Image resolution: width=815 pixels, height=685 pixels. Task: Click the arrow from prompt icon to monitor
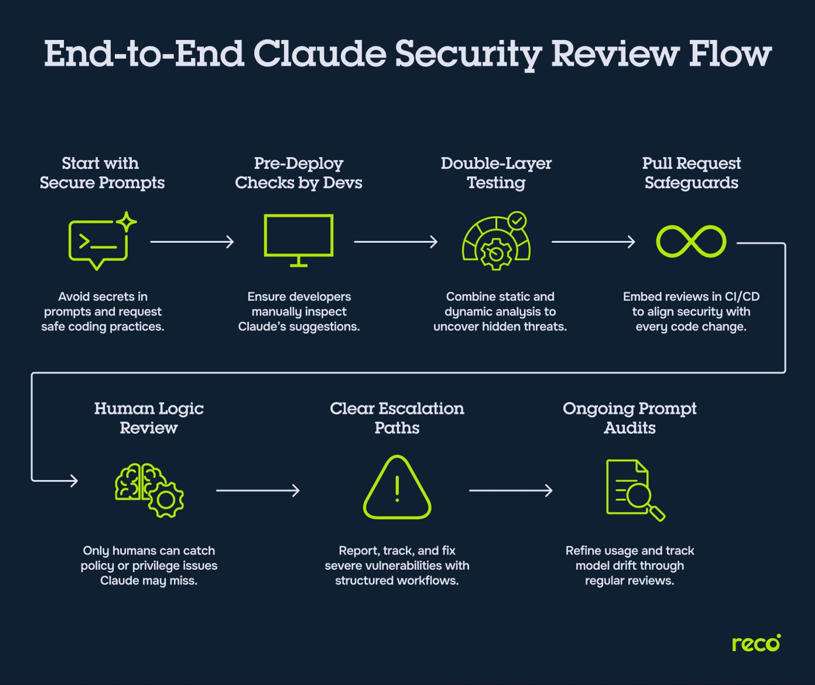coord(192,242)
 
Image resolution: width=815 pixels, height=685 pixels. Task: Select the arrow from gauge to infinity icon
coord(593,242)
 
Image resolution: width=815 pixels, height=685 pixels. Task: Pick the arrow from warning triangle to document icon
coord(510,490)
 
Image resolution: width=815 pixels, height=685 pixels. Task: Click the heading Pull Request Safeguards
coord(691,173)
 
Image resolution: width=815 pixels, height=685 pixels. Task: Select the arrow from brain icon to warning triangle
coord(258,490)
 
